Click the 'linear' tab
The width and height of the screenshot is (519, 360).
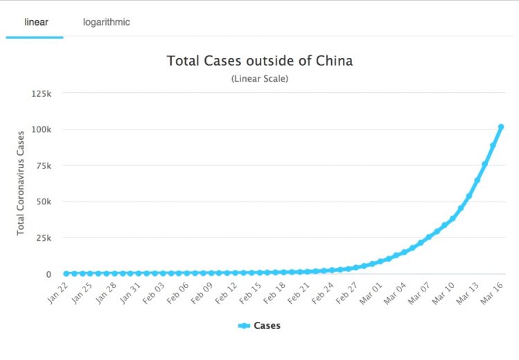pyautogui.click(x=35, y=22)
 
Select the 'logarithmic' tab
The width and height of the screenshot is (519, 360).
pyautogui.click(x=106, y=22)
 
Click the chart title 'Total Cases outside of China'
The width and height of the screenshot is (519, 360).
pyautogui.click(x=259, y=61)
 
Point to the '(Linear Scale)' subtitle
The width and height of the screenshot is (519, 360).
pyautogui.click(x=259, y=78)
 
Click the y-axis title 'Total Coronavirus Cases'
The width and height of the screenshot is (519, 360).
pyautogui.click(x=21, y=183)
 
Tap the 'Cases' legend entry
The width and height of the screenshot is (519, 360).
pyautogui.click(x=259, y=325)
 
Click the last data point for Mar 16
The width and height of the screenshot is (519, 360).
pyautogui.click(x=501, y=127)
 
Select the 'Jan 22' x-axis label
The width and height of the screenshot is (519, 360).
pyautogui.click(x=57, y=291)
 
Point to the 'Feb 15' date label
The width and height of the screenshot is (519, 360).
pyautogui.click(x=250, y=291)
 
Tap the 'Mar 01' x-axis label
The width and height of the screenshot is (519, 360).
pyautogui.click(x=371, y=291)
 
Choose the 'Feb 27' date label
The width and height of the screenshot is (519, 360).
pyautogui.click(x=347, y=291)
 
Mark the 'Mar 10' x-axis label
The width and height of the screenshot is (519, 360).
pyautogui.click(x=443, y=291)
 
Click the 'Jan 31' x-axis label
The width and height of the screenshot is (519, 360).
pyautogui.click(x=130, y=291)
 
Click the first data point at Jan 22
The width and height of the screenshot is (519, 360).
pyautogui.click(x=67, y=273)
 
